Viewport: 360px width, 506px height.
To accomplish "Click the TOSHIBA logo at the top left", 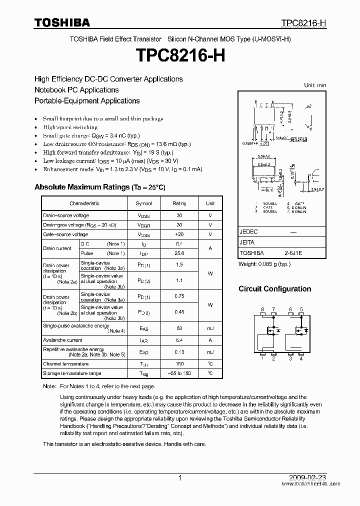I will coord(62,22).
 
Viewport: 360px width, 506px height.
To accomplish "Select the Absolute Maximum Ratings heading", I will coord(99,187).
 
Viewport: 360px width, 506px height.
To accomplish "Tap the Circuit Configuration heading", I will coord(274,289).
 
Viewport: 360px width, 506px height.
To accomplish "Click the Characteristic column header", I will coord(84,203).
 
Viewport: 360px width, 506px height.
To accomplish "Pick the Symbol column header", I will coord(144,203).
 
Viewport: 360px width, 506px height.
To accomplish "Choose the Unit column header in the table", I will coord(210,203).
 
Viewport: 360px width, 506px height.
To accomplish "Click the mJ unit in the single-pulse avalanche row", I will coord(210,328).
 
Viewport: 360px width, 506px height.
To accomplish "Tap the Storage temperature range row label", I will coord(72,373).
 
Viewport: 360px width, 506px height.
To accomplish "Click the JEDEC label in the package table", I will coord(248,232).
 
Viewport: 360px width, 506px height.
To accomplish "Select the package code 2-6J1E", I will coord(293,253).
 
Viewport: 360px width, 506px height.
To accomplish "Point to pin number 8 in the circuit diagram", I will coord(263,309).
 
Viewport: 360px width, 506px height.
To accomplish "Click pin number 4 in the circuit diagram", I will coord(301,358).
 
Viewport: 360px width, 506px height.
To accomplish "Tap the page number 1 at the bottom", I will coord(180,478).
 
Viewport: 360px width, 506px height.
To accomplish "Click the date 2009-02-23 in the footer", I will coord(309,478).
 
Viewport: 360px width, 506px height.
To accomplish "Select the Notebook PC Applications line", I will coord(76,90).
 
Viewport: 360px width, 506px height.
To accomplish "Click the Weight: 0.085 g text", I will coord(264,263).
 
